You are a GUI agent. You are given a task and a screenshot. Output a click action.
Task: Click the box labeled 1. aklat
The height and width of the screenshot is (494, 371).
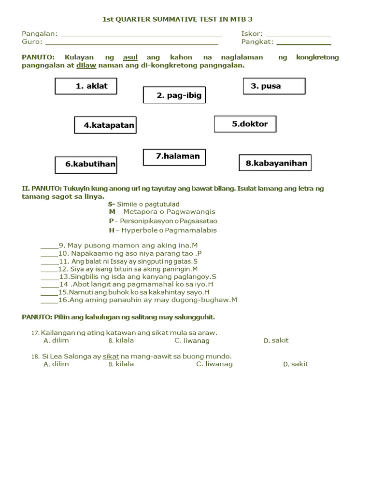(86, 86)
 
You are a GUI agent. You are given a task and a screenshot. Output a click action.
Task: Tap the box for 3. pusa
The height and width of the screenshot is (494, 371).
(274, 86)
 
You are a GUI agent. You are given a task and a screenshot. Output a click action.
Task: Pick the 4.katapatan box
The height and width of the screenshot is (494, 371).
(105, 125)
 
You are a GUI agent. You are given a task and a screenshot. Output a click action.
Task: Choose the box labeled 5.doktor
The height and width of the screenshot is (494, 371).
(245, 124)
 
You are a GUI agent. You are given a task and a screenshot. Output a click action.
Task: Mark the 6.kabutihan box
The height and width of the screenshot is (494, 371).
(86, 165)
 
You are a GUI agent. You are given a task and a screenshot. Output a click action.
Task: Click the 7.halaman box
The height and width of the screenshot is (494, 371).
(174, 157)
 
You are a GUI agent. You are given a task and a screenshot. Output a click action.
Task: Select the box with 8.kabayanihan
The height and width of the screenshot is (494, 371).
(275, 163)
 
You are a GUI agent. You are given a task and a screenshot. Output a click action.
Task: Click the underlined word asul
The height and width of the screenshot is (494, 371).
(130, 57)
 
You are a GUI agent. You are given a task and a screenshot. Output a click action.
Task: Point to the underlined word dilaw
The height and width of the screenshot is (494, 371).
(86, 65)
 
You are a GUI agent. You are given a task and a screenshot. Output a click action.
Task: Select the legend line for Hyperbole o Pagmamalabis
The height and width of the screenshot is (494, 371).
(163, 230)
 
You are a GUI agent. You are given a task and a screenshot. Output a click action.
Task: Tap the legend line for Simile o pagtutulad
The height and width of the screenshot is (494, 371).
(143, 204)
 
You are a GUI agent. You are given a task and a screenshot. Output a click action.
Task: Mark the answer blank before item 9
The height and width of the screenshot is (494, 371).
(49, 247)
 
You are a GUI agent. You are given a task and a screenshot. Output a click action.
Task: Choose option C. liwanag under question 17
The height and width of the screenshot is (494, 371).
(192, 341)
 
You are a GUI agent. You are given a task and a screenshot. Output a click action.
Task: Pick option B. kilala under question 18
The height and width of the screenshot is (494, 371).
(121, 364)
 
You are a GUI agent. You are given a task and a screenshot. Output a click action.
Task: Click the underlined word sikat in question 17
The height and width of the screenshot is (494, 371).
(160, 333)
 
